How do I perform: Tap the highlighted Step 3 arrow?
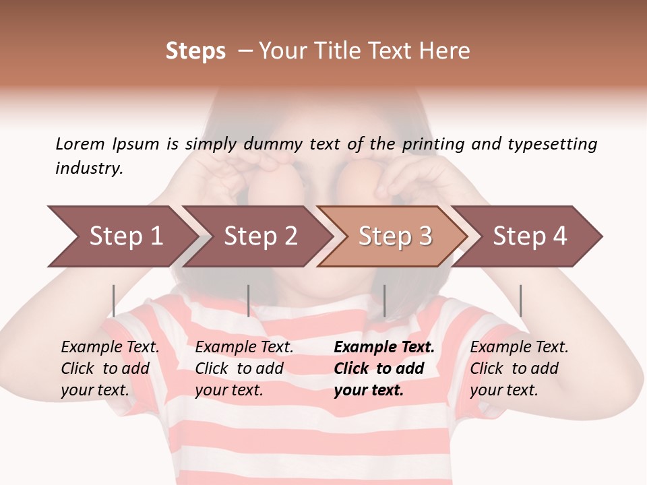point(394,236)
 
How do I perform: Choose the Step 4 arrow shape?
point(528,236)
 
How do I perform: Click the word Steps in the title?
point(195,51)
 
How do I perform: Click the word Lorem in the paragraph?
point(80,144)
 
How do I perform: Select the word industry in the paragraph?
point(88,168)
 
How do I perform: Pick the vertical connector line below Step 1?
point(114,300)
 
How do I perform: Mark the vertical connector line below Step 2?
point(249,300)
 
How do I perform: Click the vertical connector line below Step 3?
point(384,300)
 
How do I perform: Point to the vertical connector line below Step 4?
point(520,300)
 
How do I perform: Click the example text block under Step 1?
point(110,368)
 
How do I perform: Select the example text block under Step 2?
point(244,368)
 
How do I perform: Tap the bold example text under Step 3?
point(384,368)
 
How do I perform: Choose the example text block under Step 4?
point(519,368)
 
